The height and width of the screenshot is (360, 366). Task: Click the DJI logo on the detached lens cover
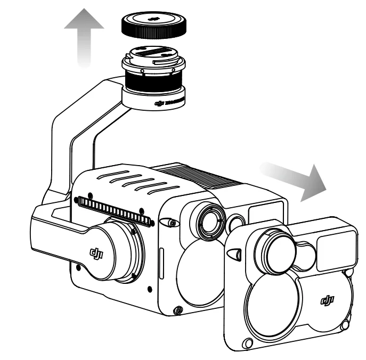click(x=326, y=300)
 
